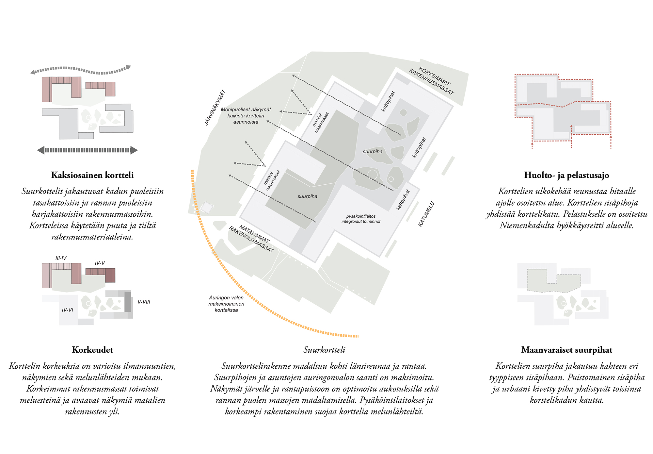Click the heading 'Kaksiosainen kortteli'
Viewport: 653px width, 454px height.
92,175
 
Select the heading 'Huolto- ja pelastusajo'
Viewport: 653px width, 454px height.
566,176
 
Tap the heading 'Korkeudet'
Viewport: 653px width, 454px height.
92,350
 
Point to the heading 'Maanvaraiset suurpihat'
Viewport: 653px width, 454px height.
566,350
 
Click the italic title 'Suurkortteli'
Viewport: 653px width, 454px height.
324,350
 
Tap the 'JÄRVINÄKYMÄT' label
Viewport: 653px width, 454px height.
215,108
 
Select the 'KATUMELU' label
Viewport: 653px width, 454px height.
426,214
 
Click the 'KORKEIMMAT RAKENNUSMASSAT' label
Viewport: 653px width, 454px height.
432,81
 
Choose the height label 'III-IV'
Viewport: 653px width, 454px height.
61,258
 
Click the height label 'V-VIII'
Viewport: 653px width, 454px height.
144,302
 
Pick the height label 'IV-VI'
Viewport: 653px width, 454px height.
68,310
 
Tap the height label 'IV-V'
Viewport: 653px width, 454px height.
100,263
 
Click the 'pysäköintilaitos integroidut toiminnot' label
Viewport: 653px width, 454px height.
361,219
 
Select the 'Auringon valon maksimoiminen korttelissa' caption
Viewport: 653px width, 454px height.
226,304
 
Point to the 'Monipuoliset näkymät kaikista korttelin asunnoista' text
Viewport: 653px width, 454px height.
246,116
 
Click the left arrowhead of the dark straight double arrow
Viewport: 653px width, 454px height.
41,150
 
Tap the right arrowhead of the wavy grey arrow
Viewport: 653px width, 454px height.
128,67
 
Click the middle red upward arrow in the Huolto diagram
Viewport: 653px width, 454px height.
571,126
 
